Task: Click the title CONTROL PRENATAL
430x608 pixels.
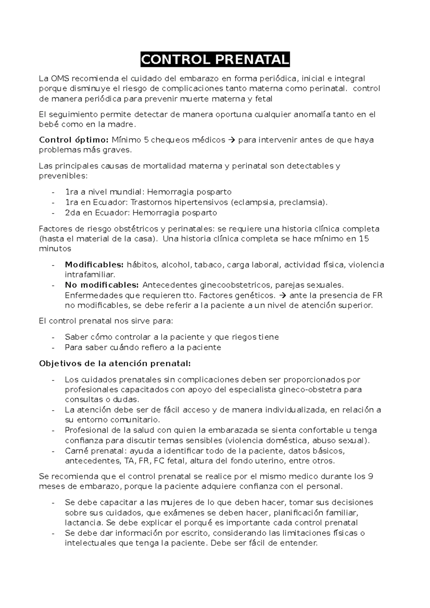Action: (215, 60)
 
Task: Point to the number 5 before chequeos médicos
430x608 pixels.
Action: (146, 140)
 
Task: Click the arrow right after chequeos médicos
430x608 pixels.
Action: (232, 140)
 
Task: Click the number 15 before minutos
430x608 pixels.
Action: (364, 238)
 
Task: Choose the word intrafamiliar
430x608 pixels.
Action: (90, 275)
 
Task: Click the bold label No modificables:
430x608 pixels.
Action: (101, 285)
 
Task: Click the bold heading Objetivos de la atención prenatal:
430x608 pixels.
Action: (115, 363)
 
